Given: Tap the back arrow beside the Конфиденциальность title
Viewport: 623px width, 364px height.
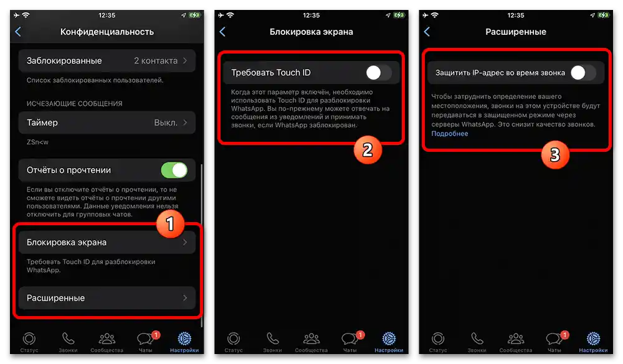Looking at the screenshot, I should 18,32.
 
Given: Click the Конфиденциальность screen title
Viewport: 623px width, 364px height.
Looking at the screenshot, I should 107,32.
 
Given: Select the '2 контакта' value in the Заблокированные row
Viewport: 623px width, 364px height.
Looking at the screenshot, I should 155,61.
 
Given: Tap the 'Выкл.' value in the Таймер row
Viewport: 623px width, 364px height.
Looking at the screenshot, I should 166,123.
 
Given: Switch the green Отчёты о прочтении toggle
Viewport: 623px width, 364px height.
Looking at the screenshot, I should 174,170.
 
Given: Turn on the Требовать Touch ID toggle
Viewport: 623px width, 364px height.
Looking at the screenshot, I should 378,73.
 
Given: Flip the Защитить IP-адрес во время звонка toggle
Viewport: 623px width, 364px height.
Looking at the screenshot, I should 583,73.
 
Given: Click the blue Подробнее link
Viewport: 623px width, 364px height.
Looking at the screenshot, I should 449,134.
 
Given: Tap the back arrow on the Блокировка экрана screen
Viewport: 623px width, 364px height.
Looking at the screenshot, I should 222,32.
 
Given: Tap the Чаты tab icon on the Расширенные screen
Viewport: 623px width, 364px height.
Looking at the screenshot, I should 554,341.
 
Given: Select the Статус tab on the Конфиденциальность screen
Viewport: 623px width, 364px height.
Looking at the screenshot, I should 29,342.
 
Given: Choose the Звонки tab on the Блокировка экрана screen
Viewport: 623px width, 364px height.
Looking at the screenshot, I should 272,342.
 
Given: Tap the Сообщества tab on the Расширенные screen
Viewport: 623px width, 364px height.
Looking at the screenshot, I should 516,342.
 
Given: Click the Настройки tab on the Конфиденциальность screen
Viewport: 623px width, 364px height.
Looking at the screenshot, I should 184,342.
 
